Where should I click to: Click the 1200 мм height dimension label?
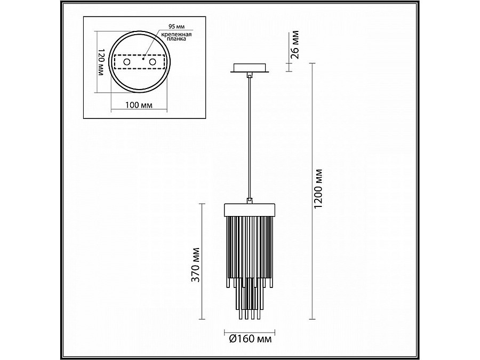(318, 189)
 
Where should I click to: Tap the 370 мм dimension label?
(195, 265)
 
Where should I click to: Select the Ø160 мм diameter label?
(250, 339)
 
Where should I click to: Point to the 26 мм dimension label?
(294, 44)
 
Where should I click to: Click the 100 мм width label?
(139, 105)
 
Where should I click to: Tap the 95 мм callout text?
(177, 27)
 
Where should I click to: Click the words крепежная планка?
(177, 36)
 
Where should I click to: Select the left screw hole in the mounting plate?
(126, 62)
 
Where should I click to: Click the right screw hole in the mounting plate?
(153, 62)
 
